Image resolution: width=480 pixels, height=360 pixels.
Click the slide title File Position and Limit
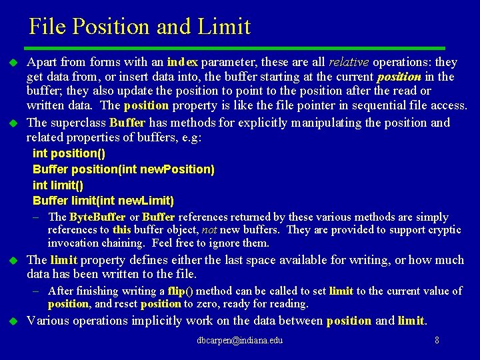click(139, 27)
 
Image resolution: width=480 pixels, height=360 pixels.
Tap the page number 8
click(437, 341)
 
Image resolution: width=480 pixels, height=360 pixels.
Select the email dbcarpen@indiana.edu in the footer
click(240, 341)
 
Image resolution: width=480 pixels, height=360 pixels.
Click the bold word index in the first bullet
click(182, 62)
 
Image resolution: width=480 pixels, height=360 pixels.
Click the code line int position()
click(69, 153)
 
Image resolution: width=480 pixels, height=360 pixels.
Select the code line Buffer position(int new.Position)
click(123, 169)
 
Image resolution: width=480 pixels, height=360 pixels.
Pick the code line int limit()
click(58, 185)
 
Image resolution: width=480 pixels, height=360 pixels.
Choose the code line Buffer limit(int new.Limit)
click(103, 201)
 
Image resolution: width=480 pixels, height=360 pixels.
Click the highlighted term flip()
click(181, 291)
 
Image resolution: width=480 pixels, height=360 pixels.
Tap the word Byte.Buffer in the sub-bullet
click(97, 217)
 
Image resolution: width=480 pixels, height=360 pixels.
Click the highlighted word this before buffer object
click(122, 230)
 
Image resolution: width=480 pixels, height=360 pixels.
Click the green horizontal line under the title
click(233, 48)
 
